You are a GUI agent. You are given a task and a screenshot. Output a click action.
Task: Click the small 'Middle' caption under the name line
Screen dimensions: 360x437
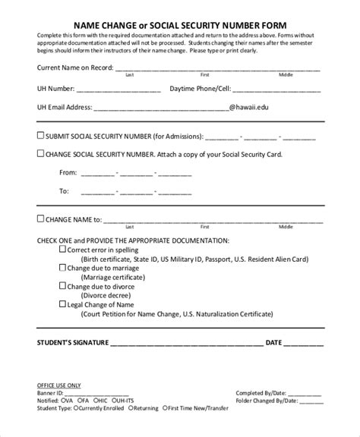coord(286,75)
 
